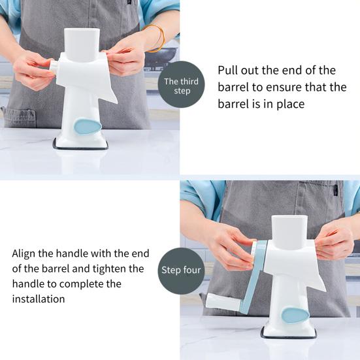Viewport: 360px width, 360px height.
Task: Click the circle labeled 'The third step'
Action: [x=181, y=84]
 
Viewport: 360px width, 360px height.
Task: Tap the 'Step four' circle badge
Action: [x=181, y=271]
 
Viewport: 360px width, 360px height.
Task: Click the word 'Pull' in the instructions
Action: [x=227, y=71]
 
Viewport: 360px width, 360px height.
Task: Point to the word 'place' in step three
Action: [x=291, y=105]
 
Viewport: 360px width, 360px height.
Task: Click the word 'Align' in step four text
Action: [x=24, y=254]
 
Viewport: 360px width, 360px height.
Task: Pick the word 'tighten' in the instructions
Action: [x=110, y=269]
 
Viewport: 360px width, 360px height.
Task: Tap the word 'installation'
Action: [x=39, y=299]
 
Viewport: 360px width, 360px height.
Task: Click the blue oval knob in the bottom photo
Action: [x=295, y=316]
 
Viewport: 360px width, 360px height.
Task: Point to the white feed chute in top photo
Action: [x=82, y=44]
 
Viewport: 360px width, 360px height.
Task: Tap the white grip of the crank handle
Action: [x=223, y=301]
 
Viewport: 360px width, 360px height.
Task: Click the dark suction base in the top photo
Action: [x=80, y=144]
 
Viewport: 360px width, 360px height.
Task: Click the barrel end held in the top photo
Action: [x=54, y=67]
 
